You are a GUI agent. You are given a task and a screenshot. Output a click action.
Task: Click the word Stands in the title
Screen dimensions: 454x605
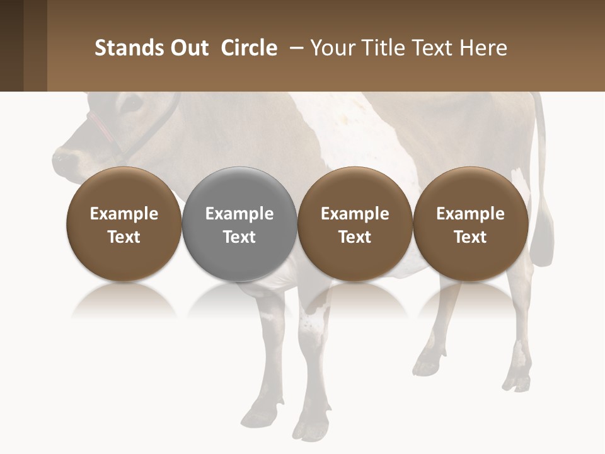(129, 48)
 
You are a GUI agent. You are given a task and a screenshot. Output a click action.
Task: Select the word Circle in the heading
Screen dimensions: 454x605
(249, 48)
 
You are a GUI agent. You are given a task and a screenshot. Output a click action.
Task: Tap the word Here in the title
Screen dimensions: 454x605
(484, 48)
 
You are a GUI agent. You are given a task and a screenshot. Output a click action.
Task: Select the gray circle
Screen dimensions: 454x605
(239, 224)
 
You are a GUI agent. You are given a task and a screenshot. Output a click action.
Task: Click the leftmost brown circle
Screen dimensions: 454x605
(124, 224)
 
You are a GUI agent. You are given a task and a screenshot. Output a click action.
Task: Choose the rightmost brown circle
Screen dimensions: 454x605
(470, 224)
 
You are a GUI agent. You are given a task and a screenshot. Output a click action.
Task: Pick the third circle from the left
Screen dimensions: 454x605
(355, 224)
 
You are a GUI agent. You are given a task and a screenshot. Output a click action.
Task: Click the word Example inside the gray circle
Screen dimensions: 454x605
(239, 214)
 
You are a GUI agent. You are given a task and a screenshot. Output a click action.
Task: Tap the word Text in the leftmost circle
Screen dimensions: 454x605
(124, 237)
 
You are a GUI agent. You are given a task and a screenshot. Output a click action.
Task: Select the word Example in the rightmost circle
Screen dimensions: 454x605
(470, 214)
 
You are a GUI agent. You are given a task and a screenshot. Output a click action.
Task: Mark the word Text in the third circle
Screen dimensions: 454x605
(355, 237)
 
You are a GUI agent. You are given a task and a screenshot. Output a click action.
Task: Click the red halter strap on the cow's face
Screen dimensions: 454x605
(101, 126)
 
